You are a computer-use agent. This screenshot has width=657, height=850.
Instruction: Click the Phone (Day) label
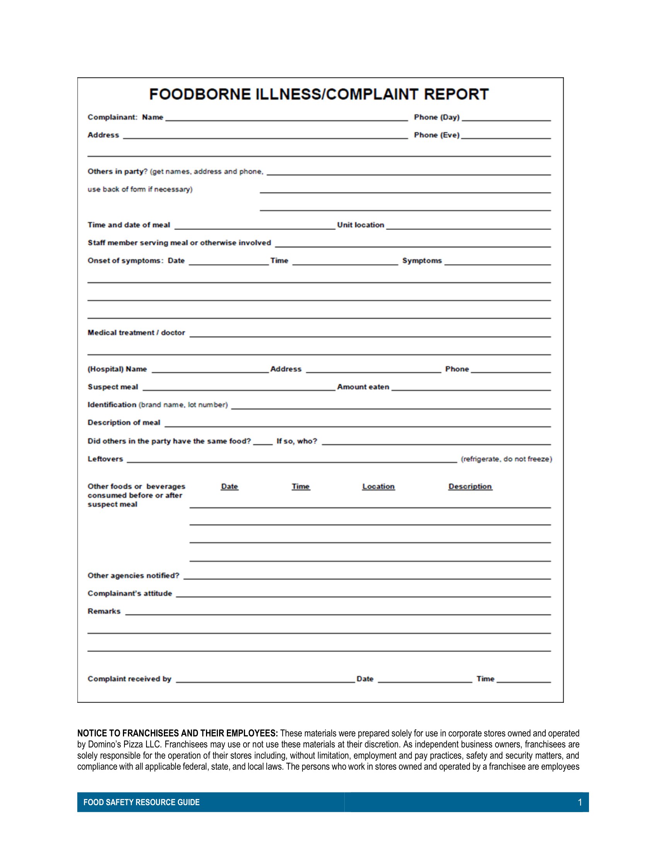[436, 117]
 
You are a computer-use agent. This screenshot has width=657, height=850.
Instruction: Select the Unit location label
[361, 225]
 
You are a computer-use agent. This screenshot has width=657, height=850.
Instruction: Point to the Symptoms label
[422, 261]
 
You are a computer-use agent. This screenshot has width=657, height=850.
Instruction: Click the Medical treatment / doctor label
[136, 333]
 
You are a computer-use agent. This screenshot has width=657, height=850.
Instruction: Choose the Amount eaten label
[363, 387]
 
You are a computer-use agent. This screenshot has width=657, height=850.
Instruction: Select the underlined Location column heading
[378, 486]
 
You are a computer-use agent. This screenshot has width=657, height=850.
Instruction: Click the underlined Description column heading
[470, 486]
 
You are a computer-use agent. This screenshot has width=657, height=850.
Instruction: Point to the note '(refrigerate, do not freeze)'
[506, 459]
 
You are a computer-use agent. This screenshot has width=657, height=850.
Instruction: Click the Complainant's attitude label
[129, 593]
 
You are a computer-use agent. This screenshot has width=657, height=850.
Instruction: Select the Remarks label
[104, 612]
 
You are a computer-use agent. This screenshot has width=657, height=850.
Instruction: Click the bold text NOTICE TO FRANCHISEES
[177, 734]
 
